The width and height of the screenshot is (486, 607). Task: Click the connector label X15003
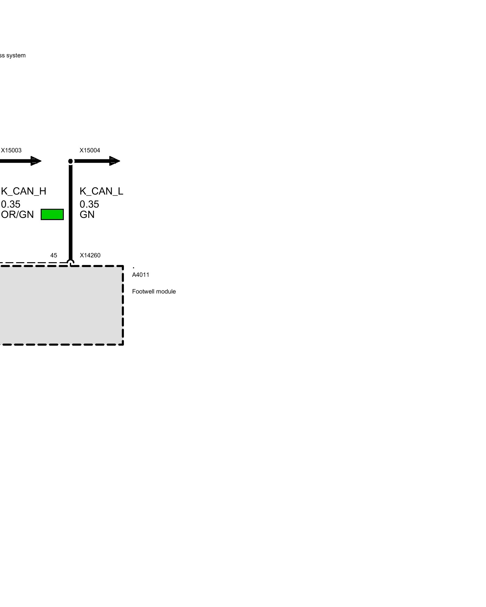tap(11, 151)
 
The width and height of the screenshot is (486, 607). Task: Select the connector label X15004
tap(90, 151)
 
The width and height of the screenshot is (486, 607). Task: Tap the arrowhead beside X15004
tap(114, 161)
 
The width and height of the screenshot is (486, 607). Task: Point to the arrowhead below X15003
tap(36, 161)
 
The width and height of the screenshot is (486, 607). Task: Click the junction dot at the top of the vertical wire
tap(71, 161)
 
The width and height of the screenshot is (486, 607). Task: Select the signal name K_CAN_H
tap(24, 191)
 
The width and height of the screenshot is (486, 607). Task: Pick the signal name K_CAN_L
tap(101, 191)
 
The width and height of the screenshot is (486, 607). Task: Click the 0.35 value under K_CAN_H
tap(11, 204)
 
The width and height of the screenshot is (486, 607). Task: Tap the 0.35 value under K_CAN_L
tap(89, 204)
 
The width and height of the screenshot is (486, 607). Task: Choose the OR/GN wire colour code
tap(17, 215)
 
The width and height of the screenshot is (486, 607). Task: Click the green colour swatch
tap(52, 214)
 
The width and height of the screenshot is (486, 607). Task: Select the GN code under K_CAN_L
tap(87, 215)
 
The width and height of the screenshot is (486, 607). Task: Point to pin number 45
tap(53, 256)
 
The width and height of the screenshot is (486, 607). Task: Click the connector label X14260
tap(90, 256)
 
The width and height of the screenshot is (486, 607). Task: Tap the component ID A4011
tap(141, 275)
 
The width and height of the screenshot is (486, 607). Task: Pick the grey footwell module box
tap(61, 305)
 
